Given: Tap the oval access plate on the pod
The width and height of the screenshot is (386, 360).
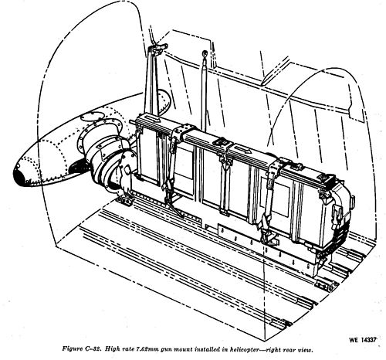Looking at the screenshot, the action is [91, 117].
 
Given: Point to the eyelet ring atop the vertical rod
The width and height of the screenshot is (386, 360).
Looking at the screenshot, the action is [205, 54].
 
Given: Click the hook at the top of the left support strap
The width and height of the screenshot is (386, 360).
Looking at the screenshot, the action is [157, 48].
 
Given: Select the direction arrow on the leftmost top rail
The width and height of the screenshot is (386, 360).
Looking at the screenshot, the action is [151, 119].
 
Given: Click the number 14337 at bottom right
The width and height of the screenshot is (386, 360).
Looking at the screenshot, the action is [368, 339].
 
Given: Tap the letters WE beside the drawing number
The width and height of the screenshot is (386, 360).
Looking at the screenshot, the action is [354, 340].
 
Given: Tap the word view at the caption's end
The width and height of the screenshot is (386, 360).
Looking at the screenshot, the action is [306, 350].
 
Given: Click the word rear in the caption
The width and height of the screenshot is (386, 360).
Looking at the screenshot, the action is [289, 350].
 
